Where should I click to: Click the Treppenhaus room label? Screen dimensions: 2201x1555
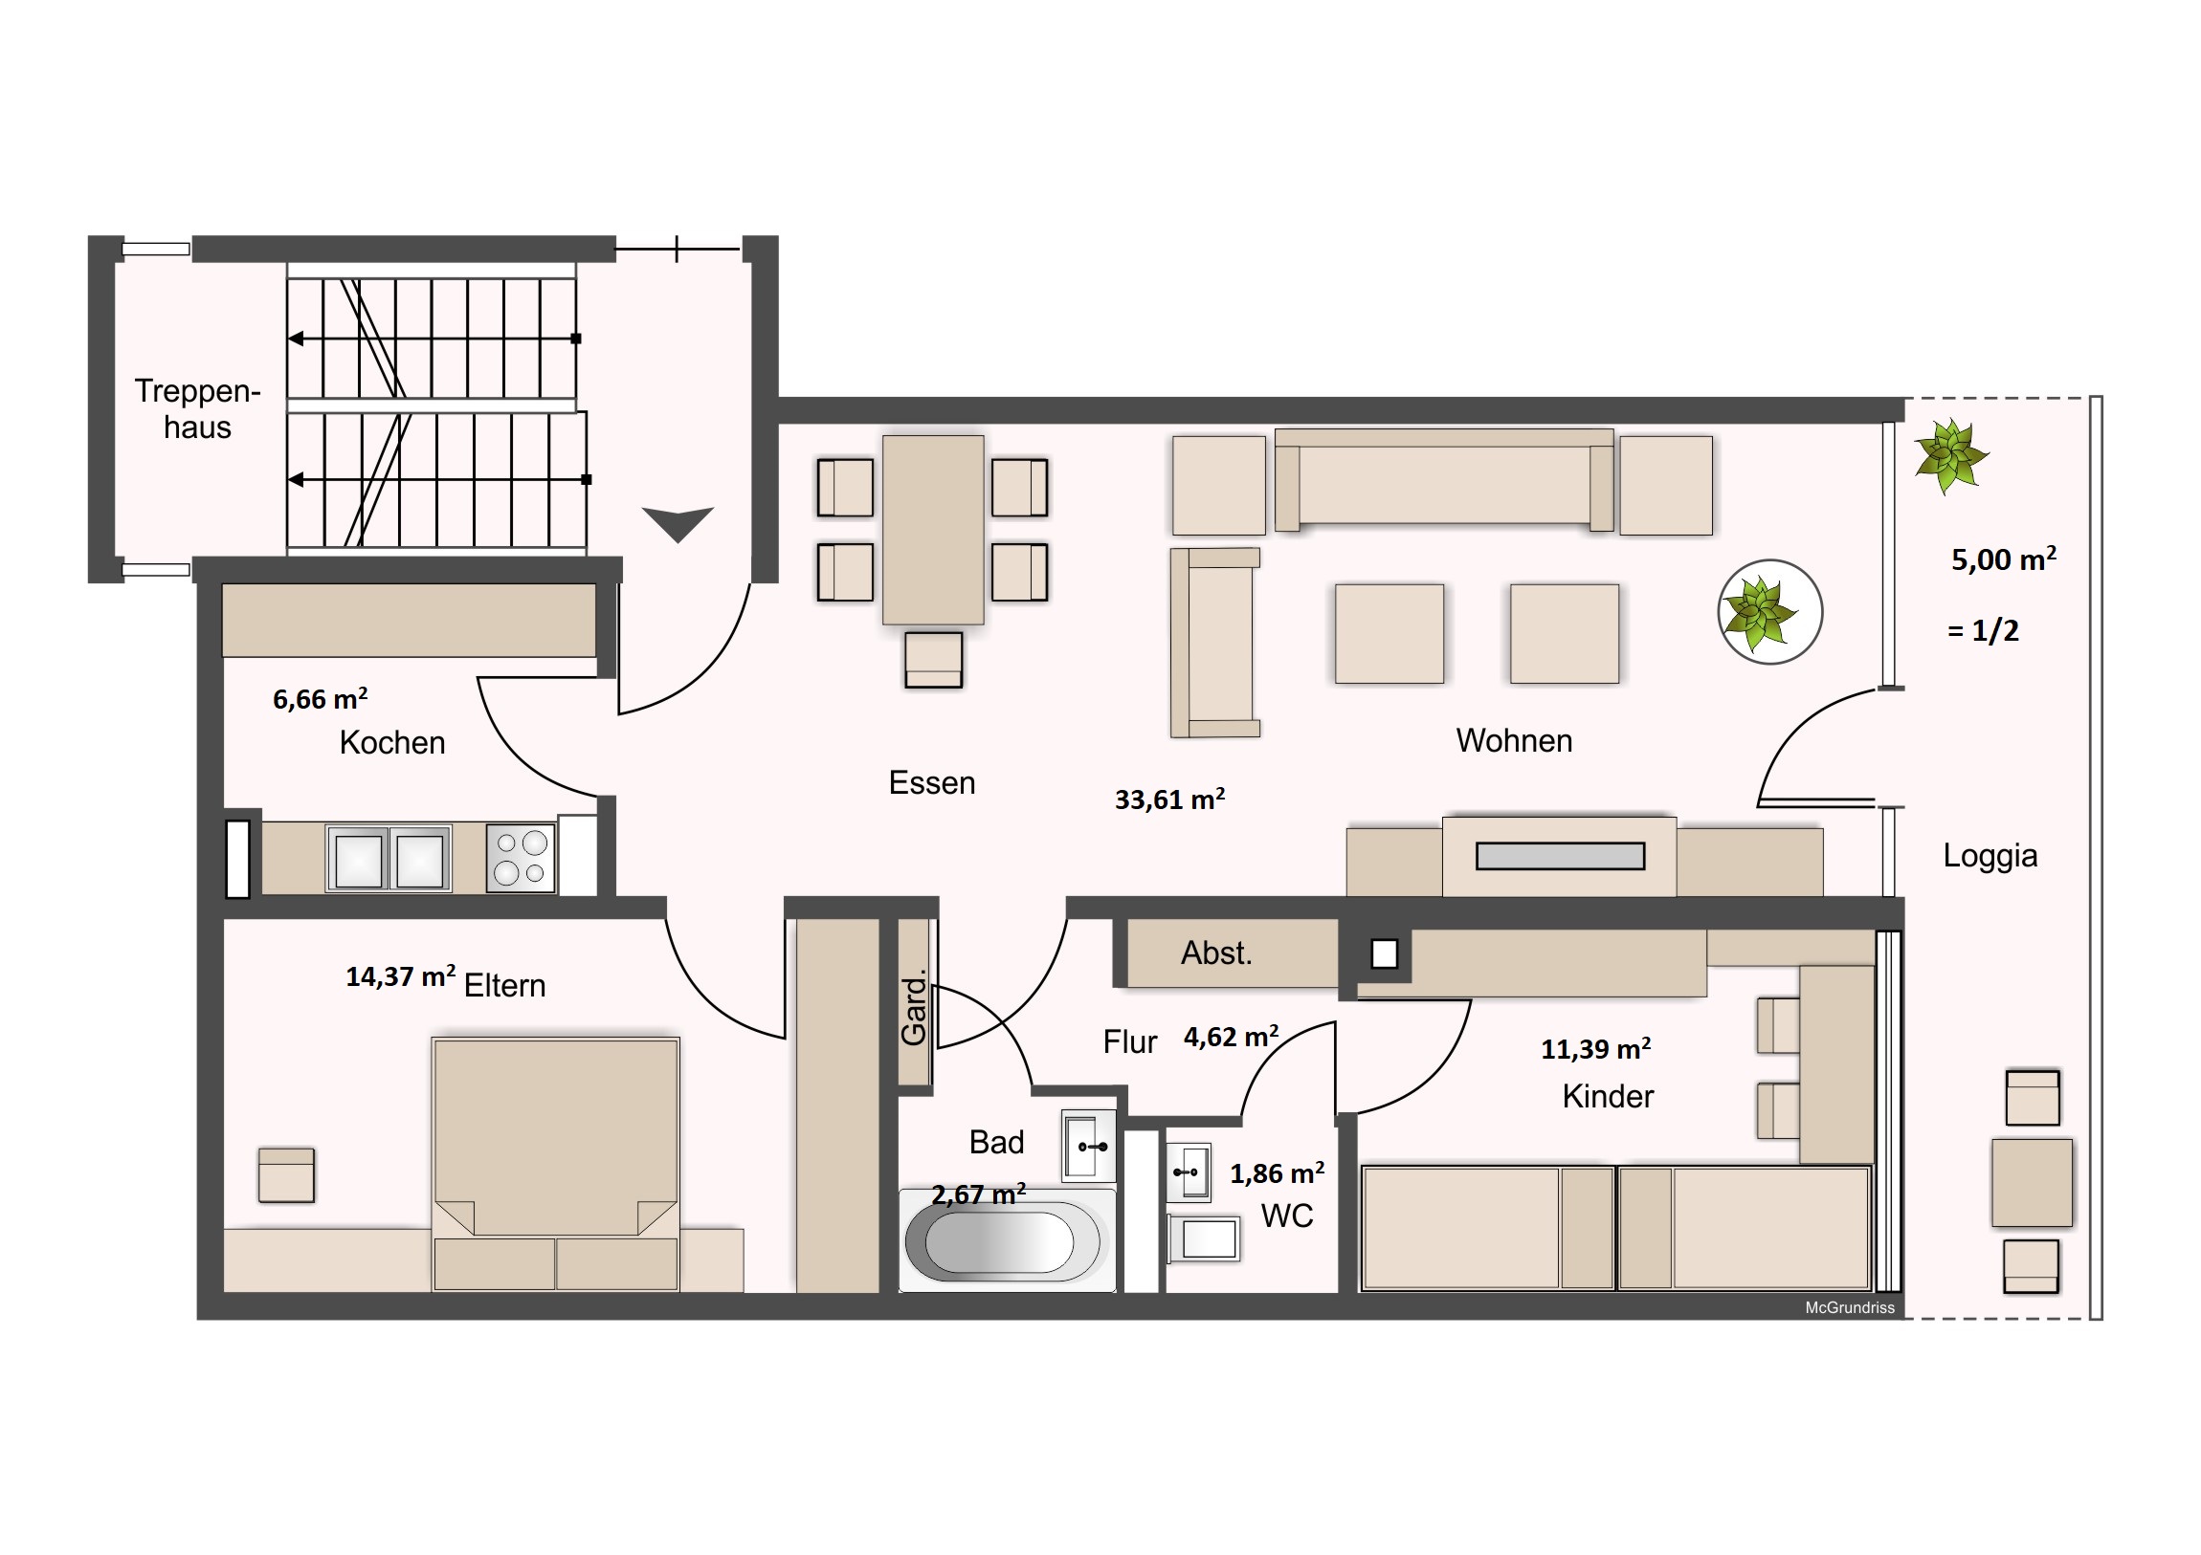tap(197, 408)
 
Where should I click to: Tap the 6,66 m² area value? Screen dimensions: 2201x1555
tap(321, 698)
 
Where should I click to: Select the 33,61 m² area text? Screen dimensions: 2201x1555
tap(1169, 799)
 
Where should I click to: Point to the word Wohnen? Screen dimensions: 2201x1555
tap(1514, 740)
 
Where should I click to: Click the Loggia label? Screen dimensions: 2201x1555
tap(1990, 856)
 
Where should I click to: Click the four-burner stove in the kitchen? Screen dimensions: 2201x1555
tap(521, 858)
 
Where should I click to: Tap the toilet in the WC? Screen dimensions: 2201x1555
tap(1204, 1239)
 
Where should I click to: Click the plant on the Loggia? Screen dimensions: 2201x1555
tap(1950, 456)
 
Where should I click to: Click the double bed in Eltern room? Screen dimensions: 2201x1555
tap(556, 1164)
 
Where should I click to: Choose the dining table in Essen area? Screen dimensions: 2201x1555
tap(933, 530)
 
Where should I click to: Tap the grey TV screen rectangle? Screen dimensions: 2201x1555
tap(1560, 856)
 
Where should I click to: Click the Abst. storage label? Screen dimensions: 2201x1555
tap(1216, 953)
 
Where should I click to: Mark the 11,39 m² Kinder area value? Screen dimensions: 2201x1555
tap(1595, 1049)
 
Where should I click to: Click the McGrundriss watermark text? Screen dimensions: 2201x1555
tap(1849, 1308)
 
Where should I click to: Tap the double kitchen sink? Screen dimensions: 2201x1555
tap(389, 860)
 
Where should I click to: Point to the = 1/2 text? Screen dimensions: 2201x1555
tap(1983, 630)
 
